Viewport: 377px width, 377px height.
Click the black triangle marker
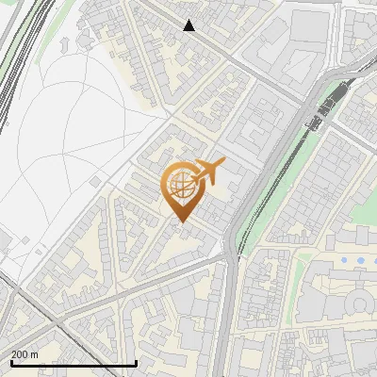point(189,25)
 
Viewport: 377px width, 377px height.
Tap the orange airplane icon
point(208,172)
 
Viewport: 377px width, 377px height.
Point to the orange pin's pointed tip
point(179,222)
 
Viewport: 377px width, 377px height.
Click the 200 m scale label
point(25,354)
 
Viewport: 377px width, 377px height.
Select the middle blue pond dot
point(360,259)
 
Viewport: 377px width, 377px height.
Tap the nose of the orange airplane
point(224,161)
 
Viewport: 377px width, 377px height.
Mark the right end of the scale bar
point(137,363)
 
